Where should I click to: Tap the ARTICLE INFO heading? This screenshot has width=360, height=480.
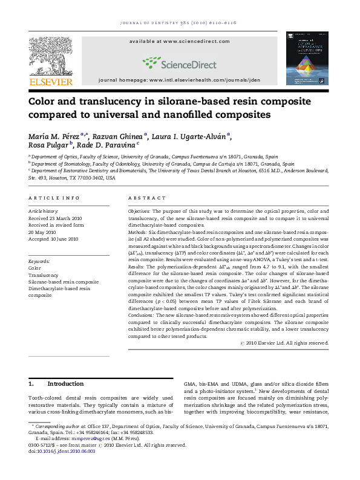54,198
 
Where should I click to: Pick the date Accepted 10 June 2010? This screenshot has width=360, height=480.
53,239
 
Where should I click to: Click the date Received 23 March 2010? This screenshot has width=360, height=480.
54,218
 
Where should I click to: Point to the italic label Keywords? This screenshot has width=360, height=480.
39,261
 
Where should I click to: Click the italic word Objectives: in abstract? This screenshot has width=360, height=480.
139,210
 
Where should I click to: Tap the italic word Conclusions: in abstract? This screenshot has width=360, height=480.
142,315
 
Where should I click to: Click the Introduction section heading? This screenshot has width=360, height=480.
65,384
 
